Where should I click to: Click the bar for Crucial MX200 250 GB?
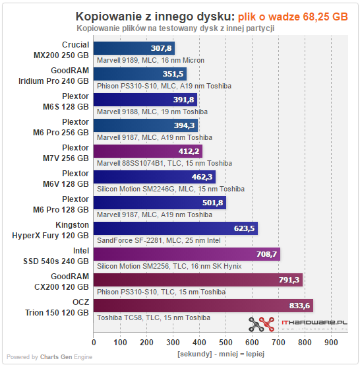(134, 48)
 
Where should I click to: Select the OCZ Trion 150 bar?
(203, 306)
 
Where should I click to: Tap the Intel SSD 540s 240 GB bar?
(187, 254)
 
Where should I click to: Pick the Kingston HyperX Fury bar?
(175, 228)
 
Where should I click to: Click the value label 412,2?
(189, 151)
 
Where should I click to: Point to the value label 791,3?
(289, 280)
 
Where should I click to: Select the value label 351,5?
(173, 74)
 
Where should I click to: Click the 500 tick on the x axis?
(225, 343)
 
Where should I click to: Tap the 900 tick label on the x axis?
(331, 343)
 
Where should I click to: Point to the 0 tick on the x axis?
(94, 343)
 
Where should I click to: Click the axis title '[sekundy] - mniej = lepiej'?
(221, 354)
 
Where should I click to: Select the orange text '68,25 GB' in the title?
(326, 17)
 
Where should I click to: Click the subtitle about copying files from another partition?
(175, 28)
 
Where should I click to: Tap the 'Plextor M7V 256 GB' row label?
(66, 153)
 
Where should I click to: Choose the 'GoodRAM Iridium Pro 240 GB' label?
(53, 76)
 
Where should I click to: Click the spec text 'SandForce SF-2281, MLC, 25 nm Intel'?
(159, 240)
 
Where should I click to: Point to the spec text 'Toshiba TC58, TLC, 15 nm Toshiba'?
(154, 317)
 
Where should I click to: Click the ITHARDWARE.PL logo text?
(315, 323)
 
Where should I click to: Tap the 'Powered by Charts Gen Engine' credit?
(49, 357)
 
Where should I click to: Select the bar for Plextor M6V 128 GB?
(154, 177)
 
